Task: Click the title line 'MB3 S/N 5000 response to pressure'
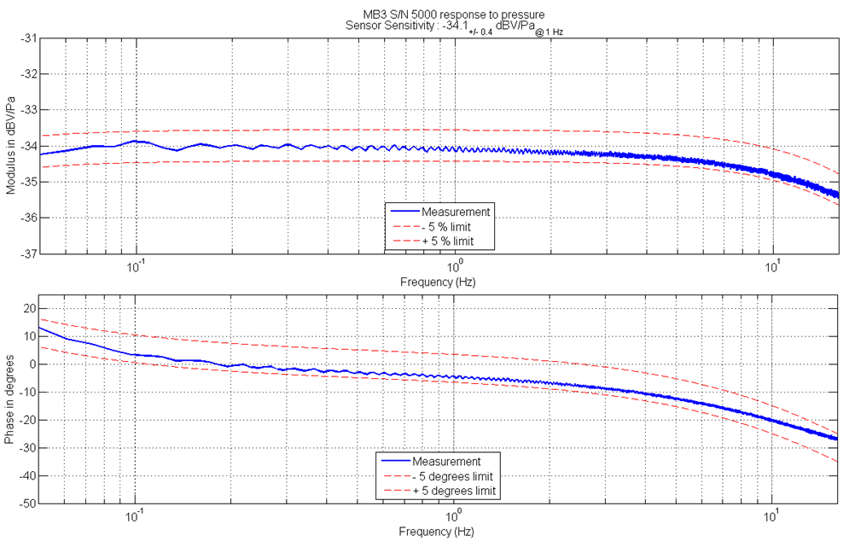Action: pyautogui.click(x=453, y=15)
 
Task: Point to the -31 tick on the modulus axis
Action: pyautogui.click(x=29, y=38)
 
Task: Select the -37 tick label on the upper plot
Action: pyautogui.click(x=29, y=253)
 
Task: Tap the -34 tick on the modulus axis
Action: pyautogui.click(x=29, y=146)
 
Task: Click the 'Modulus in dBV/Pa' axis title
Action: pyautogui.click(x=10, y=146)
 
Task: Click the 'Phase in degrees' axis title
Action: pyautogui.click(x=10, y=400)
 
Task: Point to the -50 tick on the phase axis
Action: pyautogui.click(x=27, y=503)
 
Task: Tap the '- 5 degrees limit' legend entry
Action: pyautogui.click(x=452, y=476)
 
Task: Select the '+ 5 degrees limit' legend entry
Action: pyautogui.click(x=453, y=492)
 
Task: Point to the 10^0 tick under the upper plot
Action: pyautogui.click(x=454, y=266)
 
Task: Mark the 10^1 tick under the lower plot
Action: pyautogui.click(x=773, y=516)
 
